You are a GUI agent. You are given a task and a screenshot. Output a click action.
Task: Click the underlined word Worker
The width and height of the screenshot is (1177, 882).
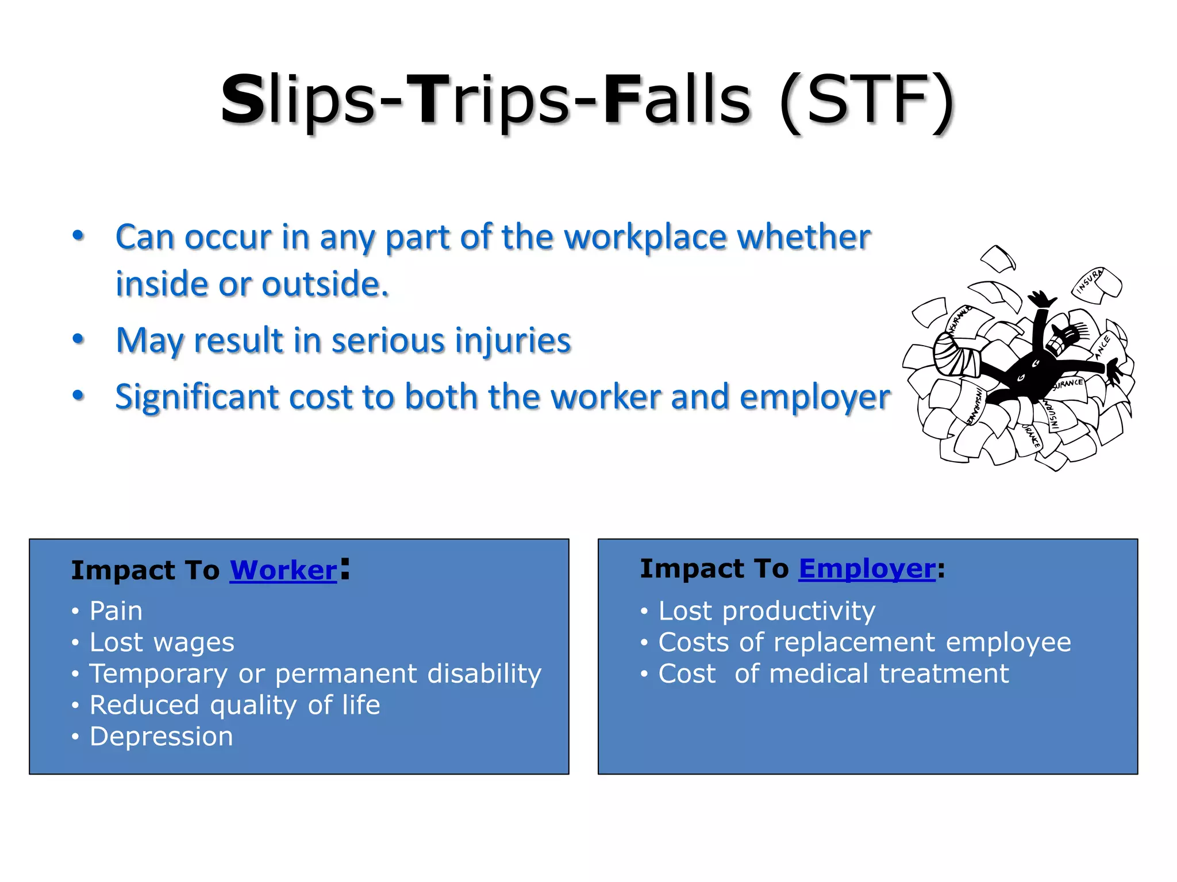tap(283, 571)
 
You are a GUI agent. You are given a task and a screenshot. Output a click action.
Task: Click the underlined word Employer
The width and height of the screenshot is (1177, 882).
tap(867, 569)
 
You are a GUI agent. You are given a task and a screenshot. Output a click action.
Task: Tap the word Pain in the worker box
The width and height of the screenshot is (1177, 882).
tap(116, 611)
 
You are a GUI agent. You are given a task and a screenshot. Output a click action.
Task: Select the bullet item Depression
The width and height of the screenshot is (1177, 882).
tap(161, 737)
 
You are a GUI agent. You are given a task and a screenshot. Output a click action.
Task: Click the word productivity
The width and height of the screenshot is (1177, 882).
tap(798, 611)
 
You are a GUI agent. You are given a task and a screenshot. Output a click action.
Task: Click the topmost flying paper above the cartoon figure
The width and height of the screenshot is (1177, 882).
tap(999, 258)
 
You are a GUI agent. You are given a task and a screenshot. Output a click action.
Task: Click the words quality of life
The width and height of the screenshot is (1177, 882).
tap(295, 705)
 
